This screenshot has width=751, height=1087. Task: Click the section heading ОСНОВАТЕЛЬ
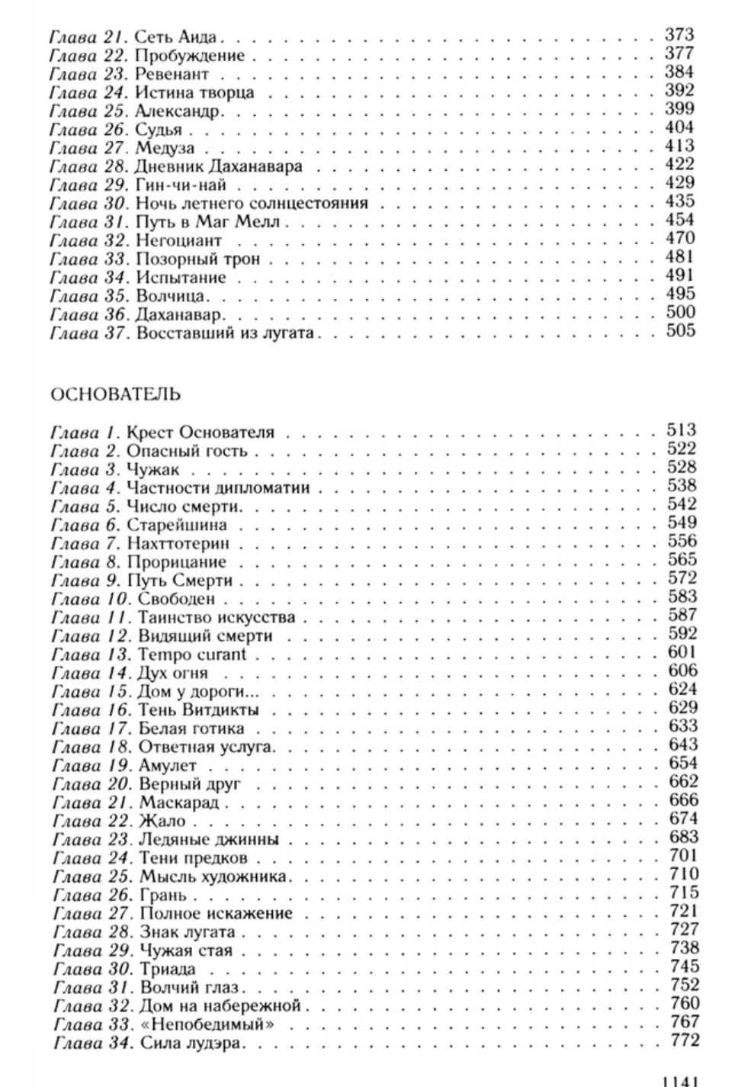(x=115, y=394)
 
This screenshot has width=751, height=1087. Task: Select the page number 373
(x=679, y=34)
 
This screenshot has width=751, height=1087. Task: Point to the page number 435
(x=679, y=201)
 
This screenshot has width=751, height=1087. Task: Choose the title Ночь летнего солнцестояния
(x=252, y=204)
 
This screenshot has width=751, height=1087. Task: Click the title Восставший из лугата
(x=225, y=333)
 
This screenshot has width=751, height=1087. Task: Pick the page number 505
(x=679, y=330)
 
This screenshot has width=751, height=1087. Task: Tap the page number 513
(x=682, y=430)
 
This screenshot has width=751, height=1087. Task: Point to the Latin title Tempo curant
(x=192, y=654)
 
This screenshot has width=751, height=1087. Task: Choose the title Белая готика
(x=191, y=728)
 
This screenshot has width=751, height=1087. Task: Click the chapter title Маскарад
(x=179, y=802)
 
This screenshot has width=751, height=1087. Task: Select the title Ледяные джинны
(x=209, y=840)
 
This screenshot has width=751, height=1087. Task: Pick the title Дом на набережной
(x=221, y=1005)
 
